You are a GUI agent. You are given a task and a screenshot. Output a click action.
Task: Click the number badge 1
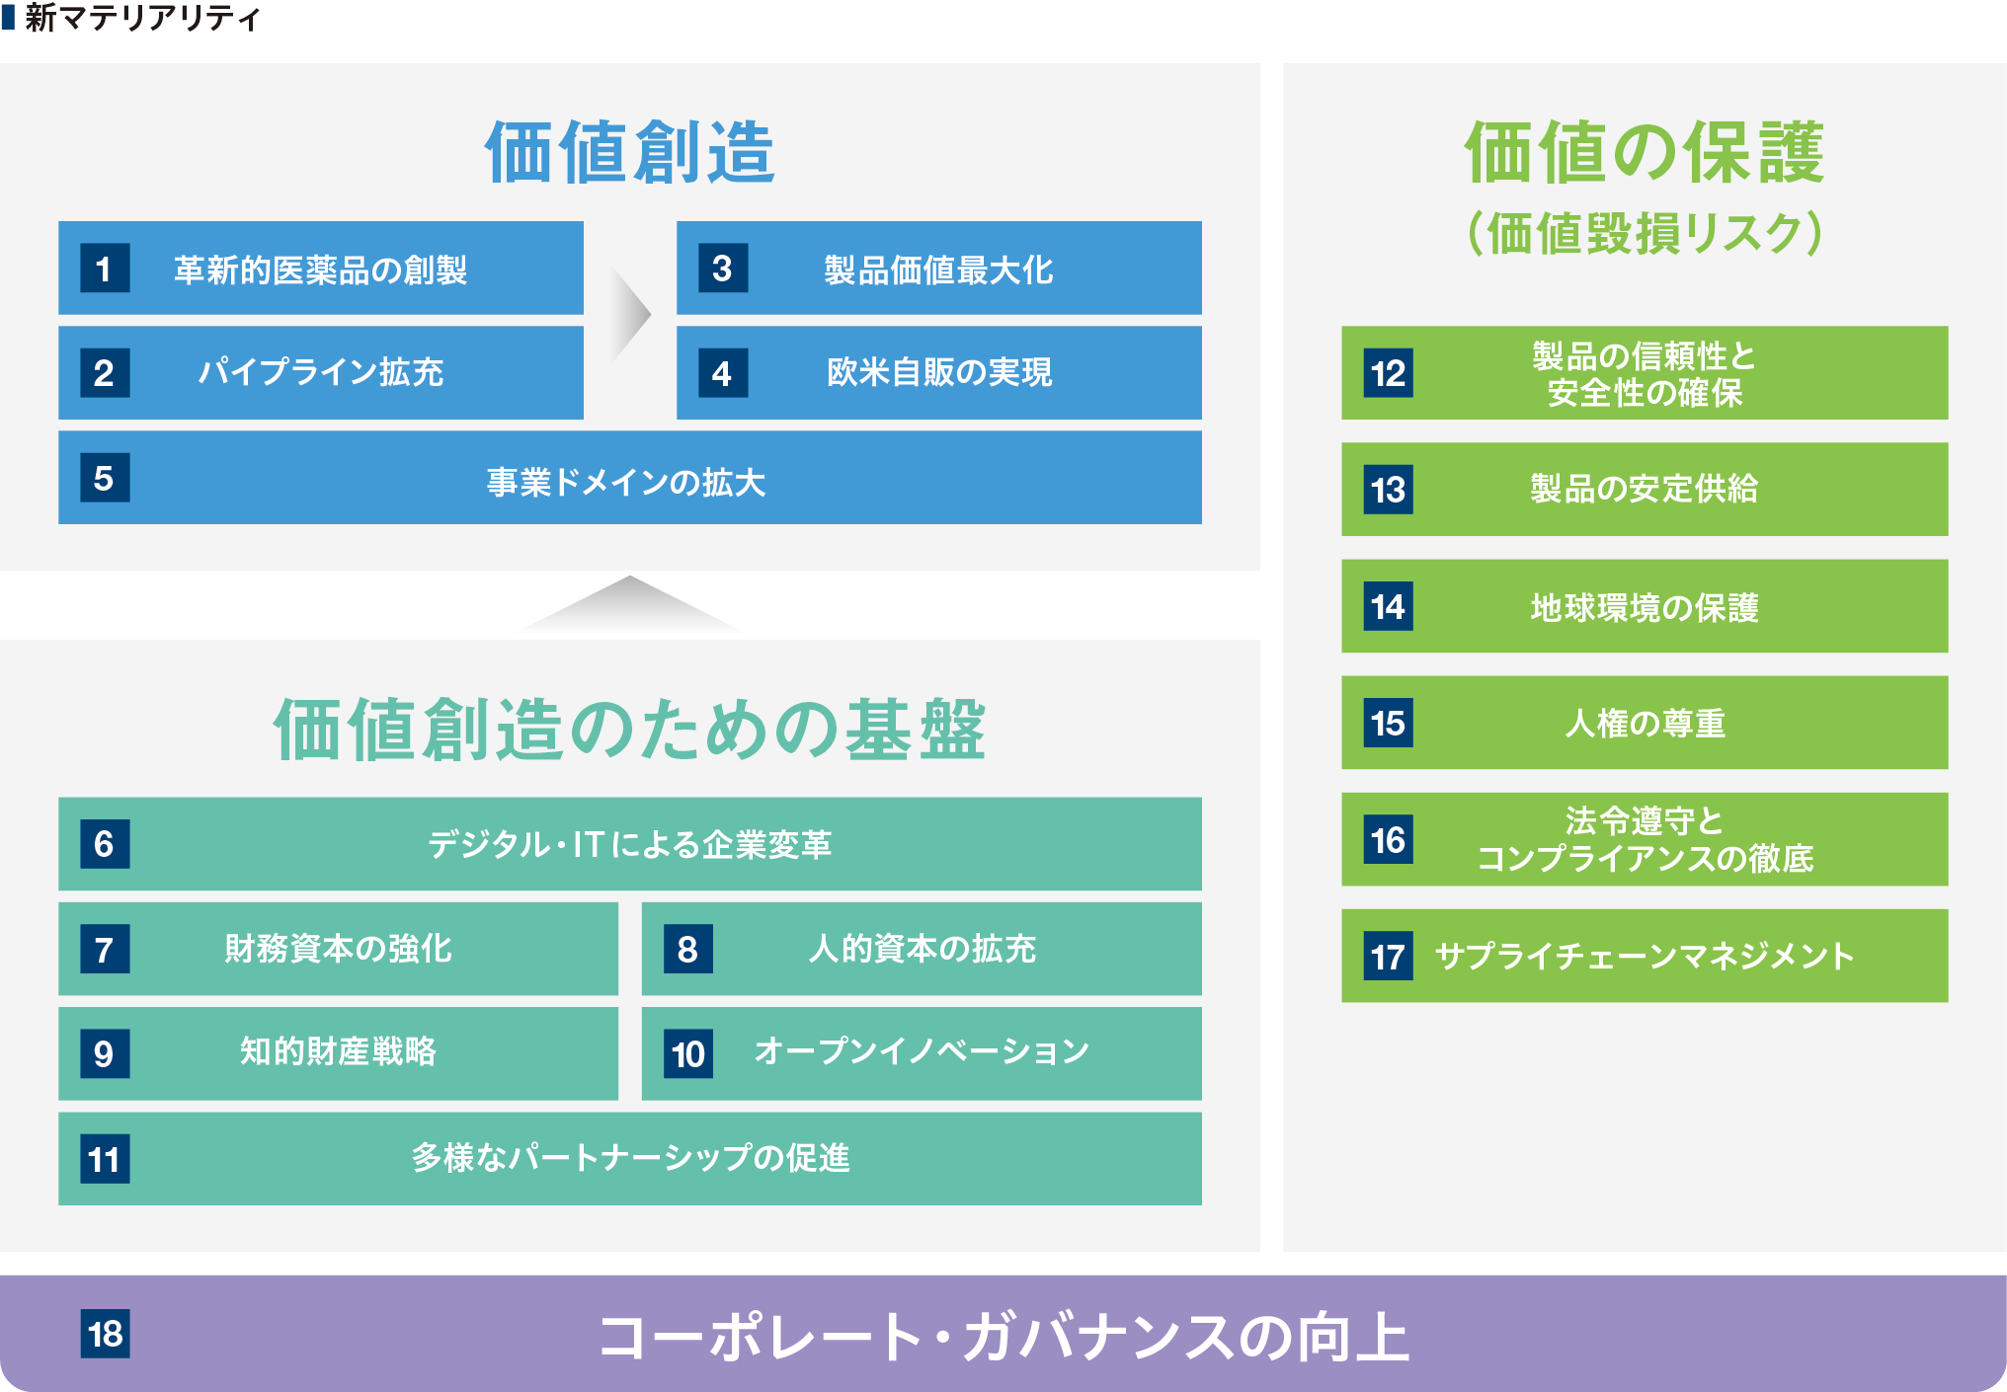[x=105, y=268]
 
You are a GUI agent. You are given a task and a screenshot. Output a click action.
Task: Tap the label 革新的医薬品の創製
[x=321, y=270]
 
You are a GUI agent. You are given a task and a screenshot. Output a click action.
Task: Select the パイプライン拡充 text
[x=321, y=372]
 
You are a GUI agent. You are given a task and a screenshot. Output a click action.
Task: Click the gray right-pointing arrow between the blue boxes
[x=630, y=315]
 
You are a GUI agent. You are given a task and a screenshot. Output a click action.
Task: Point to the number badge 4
[x=723, y=372]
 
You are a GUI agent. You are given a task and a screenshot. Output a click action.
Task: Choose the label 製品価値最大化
[x=939, y=270]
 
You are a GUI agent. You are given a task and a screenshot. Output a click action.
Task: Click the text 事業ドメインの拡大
[x=626, y=483]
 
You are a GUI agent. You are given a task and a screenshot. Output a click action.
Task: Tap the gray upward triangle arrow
[x=630, y=603]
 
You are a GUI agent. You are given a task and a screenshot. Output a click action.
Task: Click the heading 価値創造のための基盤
[x=630, y=730]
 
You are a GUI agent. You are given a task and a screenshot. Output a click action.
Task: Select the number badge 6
[x=105, y=843]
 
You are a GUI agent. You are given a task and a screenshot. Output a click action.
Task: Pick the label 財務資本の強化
[x=339, y=949]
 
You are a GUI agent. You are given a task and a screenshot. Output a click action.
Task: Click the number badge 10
[x=688, y=1053]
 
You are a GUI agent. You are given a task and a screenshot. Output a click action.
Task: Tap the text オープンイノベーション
[x=922, y=1051]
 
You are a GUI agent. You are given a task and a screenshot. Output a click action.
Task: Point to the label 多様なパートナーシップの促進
[x=630, y=1157]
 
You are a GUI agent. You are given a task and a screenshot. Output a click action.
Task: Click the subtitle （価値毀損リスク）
[x=1645, y=234]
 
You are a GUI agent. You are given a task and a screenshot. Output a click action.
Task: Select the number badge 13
[x=1388, y=489]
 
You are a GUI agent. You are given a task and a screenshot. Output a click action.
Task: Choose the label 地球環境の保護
[x=1645, y=607]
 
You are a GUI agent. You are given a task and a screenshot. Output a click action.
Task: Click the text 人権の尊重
[x=1645, y=724]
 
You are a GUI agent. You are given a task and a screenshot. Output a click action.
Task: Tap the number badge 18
[x=105, y=1334]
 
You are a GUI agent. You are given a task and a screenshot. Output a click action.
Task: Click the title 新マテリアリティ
[x=142, y=18]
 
